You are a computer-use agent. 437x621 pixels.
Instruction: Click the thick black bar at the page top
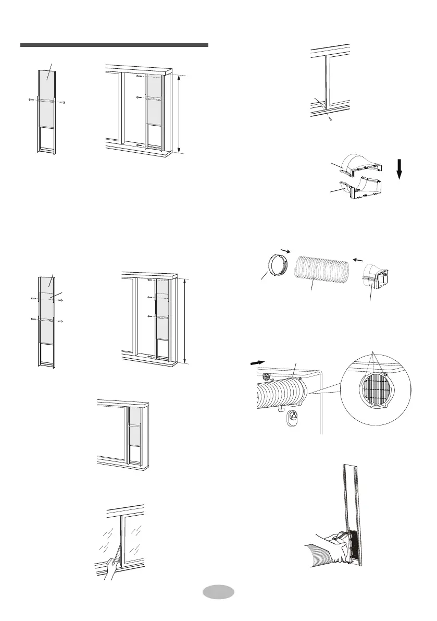coord(114,45)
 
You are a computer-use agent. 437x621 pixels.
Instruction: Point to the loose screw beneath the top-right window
coord(330,119)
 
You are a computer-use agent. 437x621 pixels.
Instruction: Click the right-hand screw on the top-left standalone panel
coord(63,103)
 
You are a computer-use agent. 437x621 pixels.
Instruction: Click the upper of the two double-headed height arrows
coord(179,114)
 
